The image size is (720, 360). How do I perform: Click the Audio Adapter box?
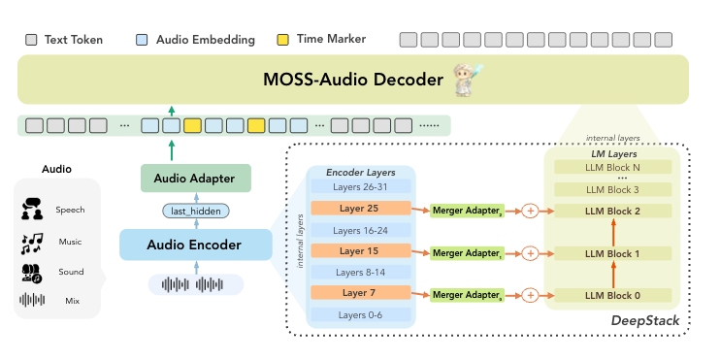click(196, 179)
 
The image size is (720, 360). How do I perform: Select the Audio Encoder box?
click(196, 245)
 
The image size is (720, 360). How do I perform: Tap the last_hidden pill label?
click(196, 212)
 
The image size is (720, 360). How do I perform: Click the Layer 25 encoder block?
click(360, 208)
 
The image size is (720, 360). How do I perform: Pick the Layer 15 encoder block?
click(360, 251)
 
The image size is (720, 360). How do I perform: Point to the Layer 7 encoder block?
click(360, 293)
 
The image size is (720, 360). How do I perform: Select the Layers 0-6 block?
click(360, 315)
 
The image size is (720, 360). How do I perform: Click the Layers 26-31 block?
click(360, 186)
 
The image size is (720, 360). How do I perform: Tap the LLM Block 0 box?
click(612, 295)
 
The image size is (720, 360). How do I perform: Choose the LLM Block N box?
click(612, 167)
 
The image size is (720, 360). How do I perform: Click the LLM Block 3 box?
click(612, 189)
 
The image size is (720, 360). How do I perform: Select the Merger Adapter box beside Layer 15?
click(467, 253)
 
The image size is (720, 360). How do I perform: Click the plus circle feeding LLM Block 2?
click(531, 211)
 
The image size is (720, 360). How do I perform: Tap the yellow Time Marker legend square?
click(283, 40)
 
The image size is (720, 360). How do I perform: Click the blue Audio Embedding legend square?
click(142, 40)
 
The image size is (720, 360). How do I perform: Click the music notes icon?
click(32, 244)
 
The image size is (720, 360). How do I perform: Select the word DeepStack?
click(644, 320)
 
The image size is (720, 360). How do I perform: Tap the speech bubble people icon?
click(32, 210)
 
